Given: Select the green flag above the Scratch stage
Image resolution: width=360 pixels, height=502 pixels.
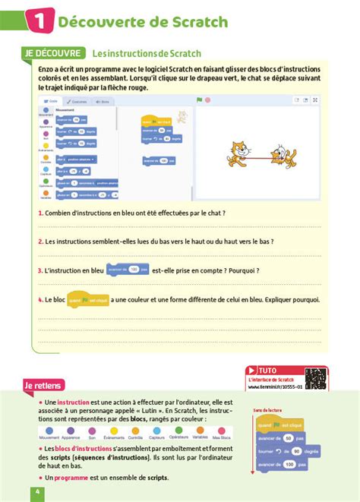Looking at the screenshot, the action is pyautogui.click(x=199, y=99).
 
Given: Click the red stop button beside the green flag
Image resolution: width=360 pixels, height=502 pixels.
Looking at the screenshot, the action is pyautogui.click(x=207, y=99).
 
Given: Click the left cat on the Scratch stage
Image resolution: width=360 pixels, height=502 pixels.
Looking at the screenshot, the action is pyautogui.click(x=237, y=153).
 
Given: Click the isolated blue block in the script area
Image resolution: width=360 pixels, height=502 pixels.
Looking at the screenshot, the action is pyautogui.click(x=157, y=160).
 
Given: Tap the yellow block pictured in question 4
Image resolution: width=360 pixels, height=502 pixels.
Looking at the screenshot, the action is pyautogui.click(x=88, y=300).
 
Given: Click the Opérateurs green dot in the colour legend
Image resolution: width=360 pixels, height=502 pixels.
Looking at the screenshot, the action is pyautogui.click(x=179, y=430).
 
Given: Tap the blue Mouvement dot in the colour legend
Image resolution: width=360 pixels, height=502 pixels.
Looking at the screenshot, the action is pyautogui.click(x=48, y=430).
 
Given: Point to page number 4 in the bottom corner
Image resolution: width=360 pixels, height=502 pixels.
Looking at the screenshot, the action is pyautogui.click(x=36, y=492).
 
